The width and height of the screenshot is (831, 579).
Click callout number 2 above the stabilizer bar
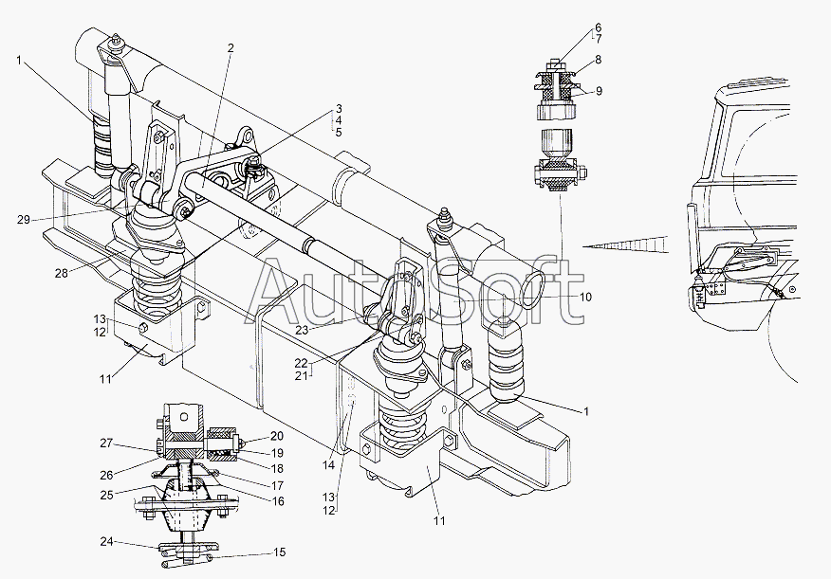(231, 48)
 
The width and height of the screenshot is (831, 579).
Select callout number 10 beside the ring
(585, 298)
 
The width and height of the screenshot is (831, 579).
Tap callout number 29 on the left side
(24, 220)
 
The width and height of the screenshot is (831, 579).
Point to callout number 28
(61, 274)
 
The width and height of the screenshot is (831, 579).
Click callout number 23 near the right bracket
(302, 330)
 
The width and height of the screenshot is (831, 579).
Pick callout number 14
(328, 465)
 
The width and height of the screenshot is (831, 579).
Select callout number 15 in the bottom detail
(279, 552)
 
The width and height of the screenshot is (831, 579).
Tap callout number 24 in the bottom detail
(107, 541)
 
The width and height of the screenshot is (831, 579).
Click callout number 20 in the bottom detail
(277, 436)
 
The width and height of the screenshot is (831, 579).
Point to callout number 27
(106, 443)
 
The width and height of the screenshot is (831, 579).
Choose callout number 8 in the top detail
(598, 60)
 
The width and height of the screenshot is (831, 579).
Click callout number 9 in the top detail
(599, 91)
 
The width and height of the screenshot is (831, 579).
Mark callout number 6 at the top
(598, 27)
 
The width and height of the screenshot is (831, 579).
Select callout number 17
(277, 485)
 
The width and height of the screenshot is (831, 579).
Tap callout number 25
(107, 496)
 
